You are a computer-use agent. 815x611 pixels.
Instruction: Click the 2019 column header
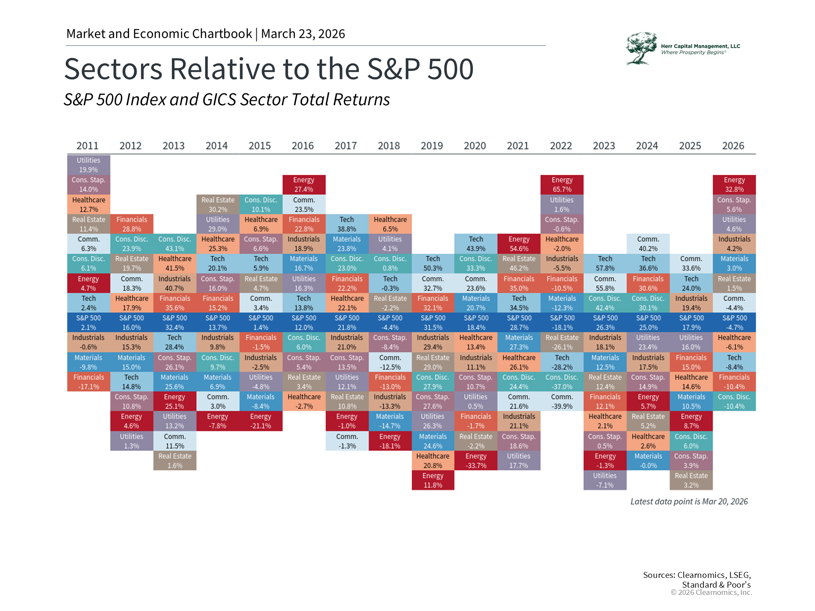[432, 146]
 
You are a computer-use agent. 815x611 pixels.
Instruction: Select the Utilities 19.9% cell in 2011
[88, 165]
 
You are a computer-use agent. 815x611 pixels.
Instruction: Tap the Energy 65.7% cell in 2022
[562, 185]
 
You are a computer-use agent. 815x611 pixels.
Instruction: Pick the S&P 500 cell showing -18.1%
[562, 322]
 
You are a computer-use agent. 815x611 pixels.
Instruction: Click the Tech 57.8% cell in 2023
[605, 263]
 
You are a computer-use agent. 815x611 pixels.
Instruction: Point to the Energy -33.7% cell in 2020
[476, 461]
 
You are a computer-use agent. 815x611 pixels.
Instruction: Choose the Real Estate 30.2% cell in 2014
[218, 205]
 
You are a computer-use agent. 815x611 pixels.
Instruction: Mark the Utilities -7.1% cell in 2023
[605, 480]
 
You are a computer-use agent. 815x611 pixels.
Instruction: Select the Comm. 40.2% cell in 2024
[648, 244]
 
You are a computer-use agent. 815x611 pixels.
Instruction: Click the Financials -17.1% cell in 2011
[88, 382]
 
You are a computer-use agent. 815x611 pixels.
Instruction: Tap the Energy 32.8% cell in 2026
[734, 185]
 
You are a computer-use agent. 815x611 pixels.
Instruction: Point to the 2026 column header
[733, 146]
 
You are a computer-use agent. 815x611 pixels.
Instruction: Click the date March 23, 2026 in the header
[303, 34]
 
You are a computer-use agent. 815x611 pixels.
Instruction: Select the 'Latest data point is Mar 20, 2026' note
[689, 502]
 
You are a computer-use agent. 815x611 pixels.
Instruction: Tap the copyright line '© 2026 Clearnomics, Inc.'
[711, 592]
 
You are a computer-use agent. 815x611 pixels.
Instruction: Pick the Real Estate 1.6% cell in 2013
[174, 461]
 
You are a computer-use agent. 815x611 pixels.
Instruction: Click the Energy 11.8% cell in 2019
[433, 480]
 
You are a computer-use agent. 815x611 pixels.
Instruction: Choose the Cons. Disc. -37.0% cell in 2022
[562, 382]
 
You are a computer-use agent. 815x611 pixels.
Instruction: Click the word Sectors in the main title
[113, 69]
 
